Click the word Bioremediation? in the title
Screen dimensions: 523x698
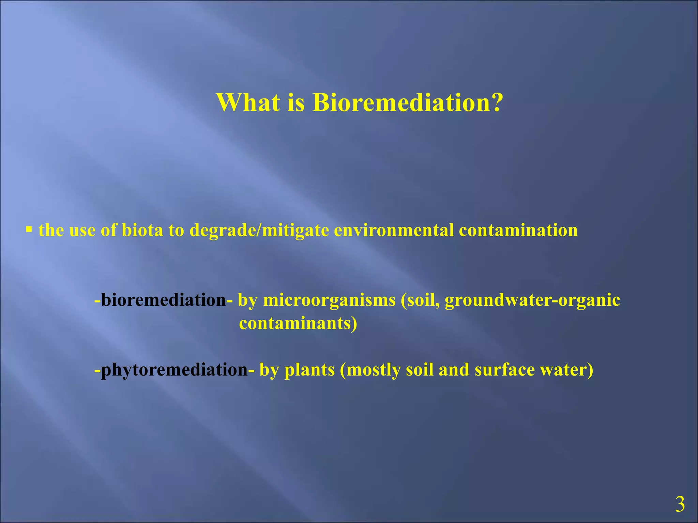pyautogui.click(x=408, y=102)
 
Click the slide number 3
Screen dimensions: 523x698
pyautogui.click(x=680, y=505)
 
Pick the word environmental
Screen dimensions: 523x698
pyautogui.click(x=394, y=230)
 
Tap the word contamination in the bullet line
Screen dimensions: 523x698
pyautogui.click(x=518, y=230)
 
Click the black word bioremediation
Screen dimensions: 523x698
pyautogui.click(x=164, y=300)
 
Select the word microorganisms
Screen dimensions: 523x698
pyautogui.click(x=329, y=300)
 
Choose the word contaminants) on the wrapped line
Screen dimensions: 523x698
pyautogui.click(x=298, y=323)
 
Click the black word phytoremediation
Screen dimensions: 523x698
pyautogui.click(x=174, y=370)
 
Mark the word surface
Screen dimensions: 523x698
pyautogui.click(x=504, y=370)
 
